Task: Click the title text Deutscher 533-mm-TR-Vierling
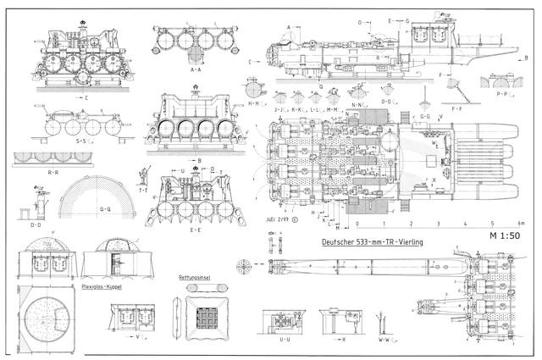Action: (x=373, y=243)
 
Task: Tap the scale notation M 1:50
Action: (x=504, y=235)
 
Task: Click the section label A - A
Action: (x=195, y=70)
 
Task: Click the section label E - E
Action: (x=195, y=230)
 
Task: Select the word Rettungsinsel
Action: (x=193, y=277)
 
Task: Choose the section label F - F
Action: (x=456, y=109)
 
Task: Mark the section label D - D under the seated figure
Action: (x=36, y=225)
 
